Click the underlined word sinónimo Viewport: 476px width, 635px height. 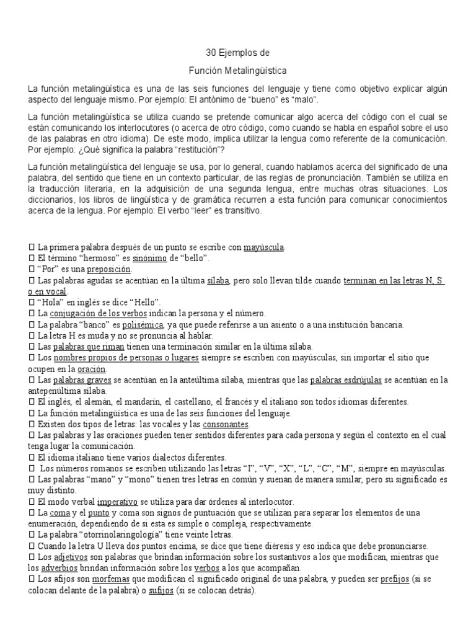pyautogui.click(x=151, y=258)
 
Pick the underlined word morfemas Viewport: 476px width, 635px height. pyautogui.click(x=112, y=579)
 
